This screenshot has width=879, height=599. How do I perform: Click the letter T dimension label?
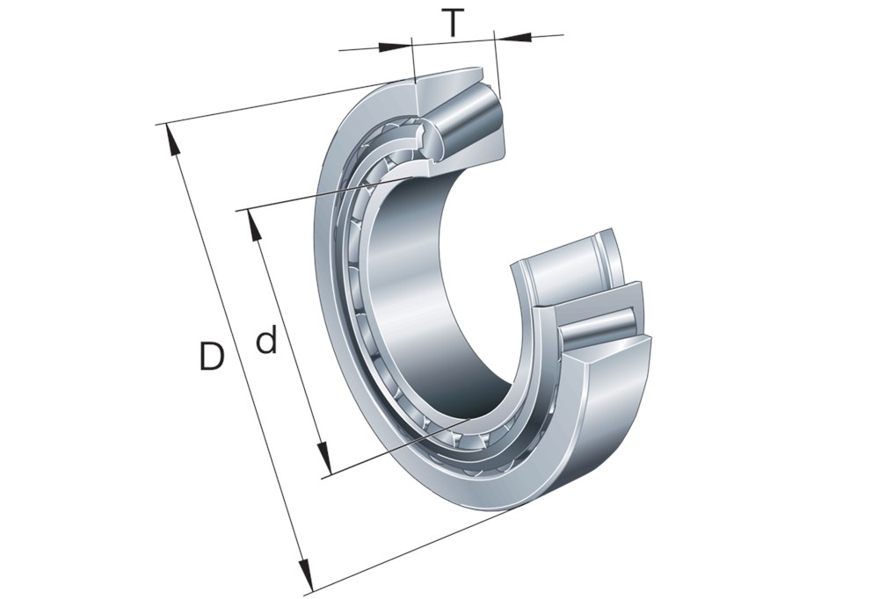click(x=452, y=23)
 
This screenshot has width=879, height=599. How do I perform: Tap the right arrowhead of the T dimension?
click(x=513, y=37)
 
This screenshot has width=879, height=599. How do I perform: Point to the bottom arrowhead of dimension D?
click(x=304, y=576)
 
